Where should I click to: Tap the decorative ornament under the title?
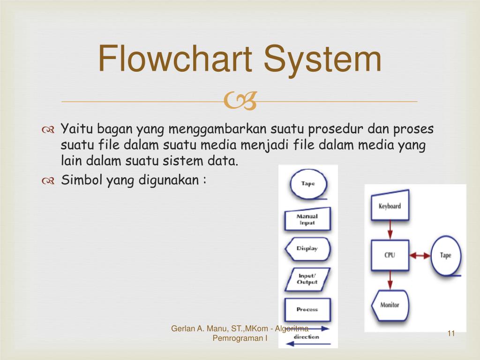click(x=240, y=101)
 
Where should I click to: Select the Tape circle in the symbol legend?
click(x=308, y=184)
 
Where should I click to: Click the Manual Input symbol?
click(x=307, y=219)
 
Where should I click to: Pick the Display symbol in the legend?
click(x=307, y=248)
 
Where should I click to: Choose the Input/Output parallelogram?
click(x=307, y=279)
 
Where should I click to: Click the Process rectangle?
click(x=307, y=309)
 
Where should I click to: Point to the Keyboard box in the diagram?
click(x=390, y=205)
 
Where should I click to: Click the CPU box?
click(x=390, y=255)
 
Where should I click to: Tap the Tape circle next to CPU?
click(x=446, y=255)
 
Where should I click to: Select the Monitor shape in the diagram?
click(x=390, y=305)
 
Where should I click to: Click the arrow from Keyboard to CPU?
click(x=390, y=230)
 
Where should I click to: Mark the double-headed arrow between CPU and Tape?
click(x=420, y=255)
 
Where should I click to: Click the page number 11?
click(x=451, y=333)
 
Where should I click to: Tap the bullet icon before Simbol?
click(x=49, y=180)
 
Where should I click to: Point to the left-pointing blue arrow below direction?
click(x=307, y=344)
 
